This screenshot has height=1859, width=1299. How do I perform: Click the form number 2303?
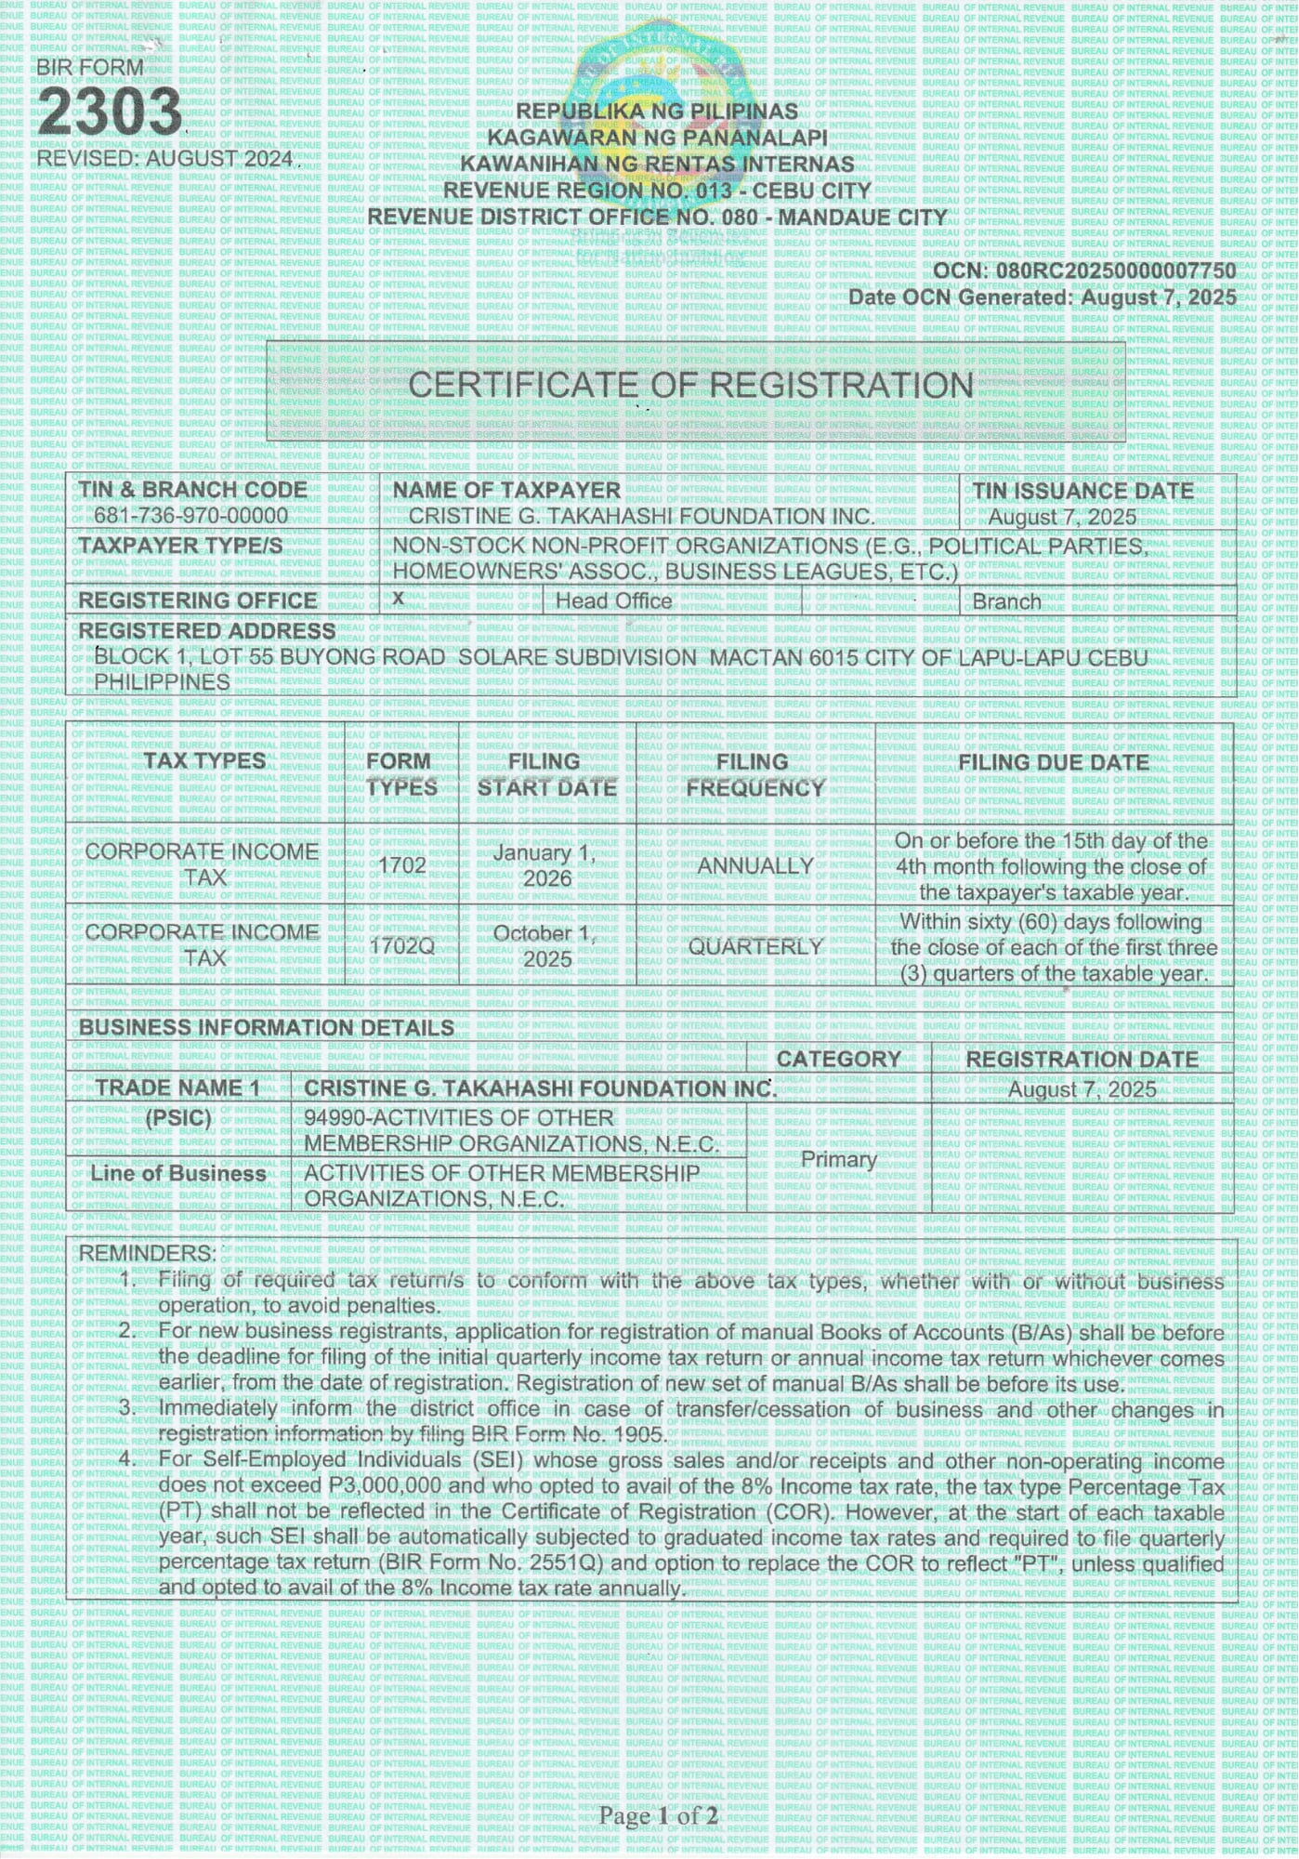(x=110, y=113)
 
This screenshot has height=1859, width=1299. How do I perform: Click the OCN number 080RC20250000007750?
(x=1115, y=270)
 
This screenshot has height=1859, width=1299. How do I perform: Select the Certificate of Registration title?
(x=690, y=386)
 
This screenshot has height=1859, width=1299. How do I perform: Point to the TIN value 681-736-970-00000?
(x=190, y=516)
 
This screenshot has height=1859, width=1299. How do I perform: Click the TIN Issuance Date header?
(x=1082, y=491)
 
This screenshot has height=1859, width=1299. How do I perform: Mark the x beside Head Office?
(x=398, y=599)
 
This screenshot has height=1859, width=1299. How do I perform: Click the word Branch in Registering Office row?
(x=1006, y=601)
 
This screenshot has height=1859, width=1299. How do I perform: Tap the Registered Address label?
(x=206, y=631)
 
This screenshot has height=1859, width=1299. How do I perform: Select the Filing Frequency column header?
(x=754, y=774)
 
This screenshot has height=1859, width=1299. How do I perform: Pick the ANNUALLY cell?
(x=754, y=865)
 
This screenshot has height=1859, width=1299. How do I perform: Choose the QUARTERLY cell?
(x=754, y=946)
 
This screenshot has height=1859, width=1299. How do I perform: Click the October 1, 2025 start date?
(x=546, y=945)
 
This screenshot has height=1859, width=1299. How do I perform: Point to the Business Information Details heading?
(x=266, y=1027)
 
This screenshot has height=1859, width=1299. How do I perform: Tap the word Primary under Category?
(x=838, y=1159)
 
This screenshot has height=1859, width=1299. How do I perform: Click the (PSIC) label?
(x=177, y=1118)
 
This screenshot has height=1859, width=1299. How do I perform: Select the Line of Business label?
(x=177, y=1174)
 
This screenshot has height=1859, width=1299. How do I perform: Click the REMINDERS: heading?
(x=147, y=1253)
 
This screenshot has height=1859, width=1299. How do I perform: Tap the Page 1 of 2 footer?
(x=658, y=1814)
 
